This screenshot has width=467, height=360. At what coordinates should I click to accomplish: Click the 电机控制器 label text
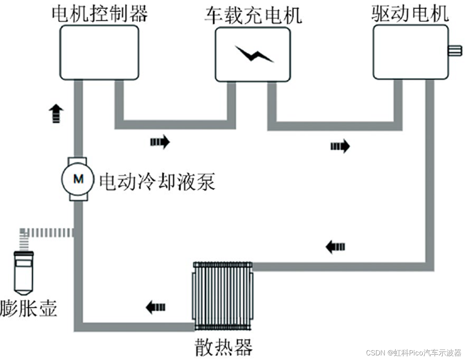[100, 14]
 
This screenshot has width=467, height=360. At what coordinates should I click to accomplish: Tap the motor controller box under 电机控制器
[99, 53]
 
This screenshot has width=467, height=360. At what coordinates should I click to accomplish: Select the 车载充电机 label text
[253, 16]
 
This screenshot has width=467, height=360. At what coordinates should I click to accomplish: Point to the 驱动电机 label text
[410, 14]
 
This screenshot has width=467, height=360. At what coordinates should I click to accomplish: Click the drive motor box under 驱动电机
[410, 52]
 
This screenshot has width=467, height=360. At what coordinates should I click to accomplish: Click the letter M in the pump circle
[78, 178]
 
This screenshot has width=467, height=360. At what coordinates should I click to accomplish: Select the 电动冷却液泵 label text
[157, 181]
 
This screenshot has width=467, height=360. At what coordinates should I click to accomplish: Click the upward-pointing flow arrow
[56, 113]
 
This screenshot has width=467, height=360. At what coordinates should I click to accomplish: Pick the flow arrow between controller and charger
[160, 142]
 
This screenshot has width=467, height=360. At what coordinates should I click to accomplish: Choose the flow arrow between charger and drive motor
[340, 146]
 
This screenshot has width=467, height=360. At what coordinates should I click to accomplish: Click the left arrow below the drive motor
[335, 246]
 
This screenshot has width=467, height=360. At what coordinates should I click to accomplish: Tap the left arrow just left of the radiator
[156, 307]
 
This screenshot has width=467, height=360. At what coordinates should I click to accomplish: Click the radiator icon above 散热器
[223, 296]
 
